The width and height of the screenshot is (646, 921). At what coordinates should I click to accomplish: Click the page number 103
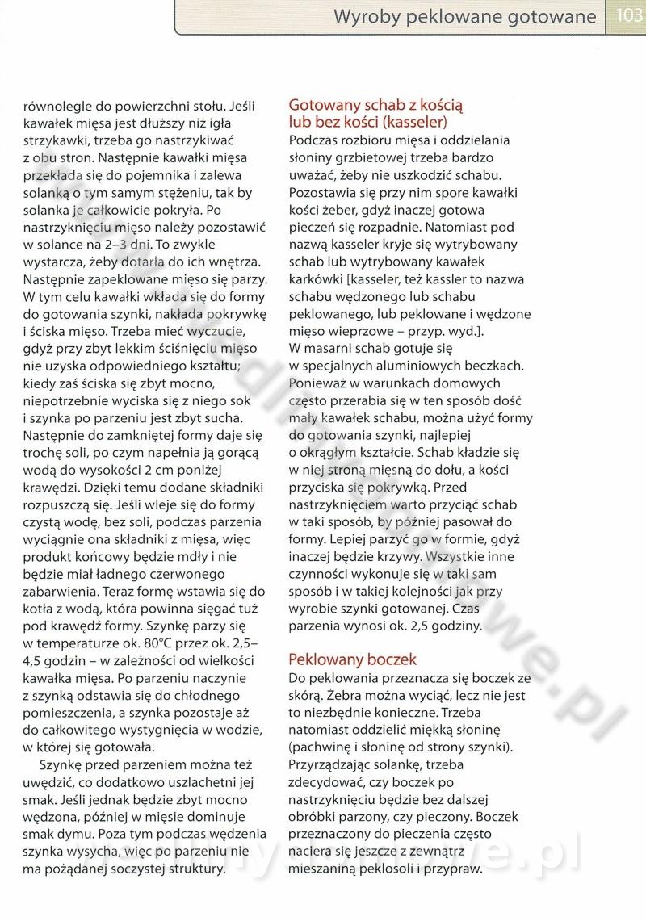tap(628, 16)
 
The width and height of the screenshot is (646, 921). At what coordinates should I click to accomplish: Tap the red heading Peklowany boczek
tap(352, 659)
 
